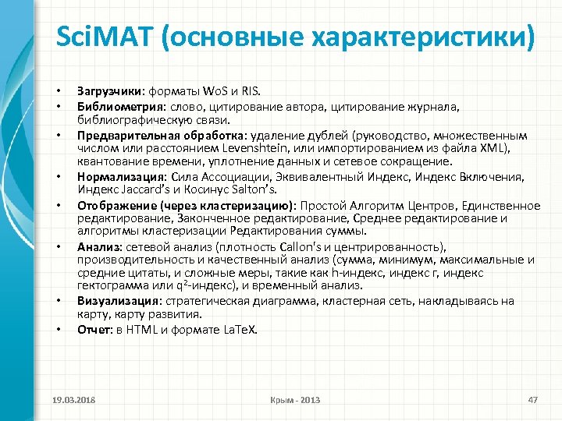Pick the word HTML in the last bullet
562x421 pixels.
[x=142, y=329]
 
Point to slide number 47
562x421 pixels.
[x=534, y=400]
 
